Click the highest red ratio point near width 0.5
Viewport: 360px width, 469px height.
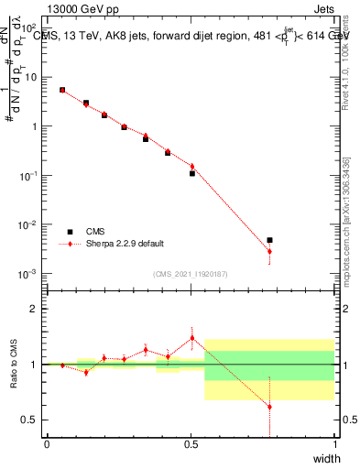point(191,338)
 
